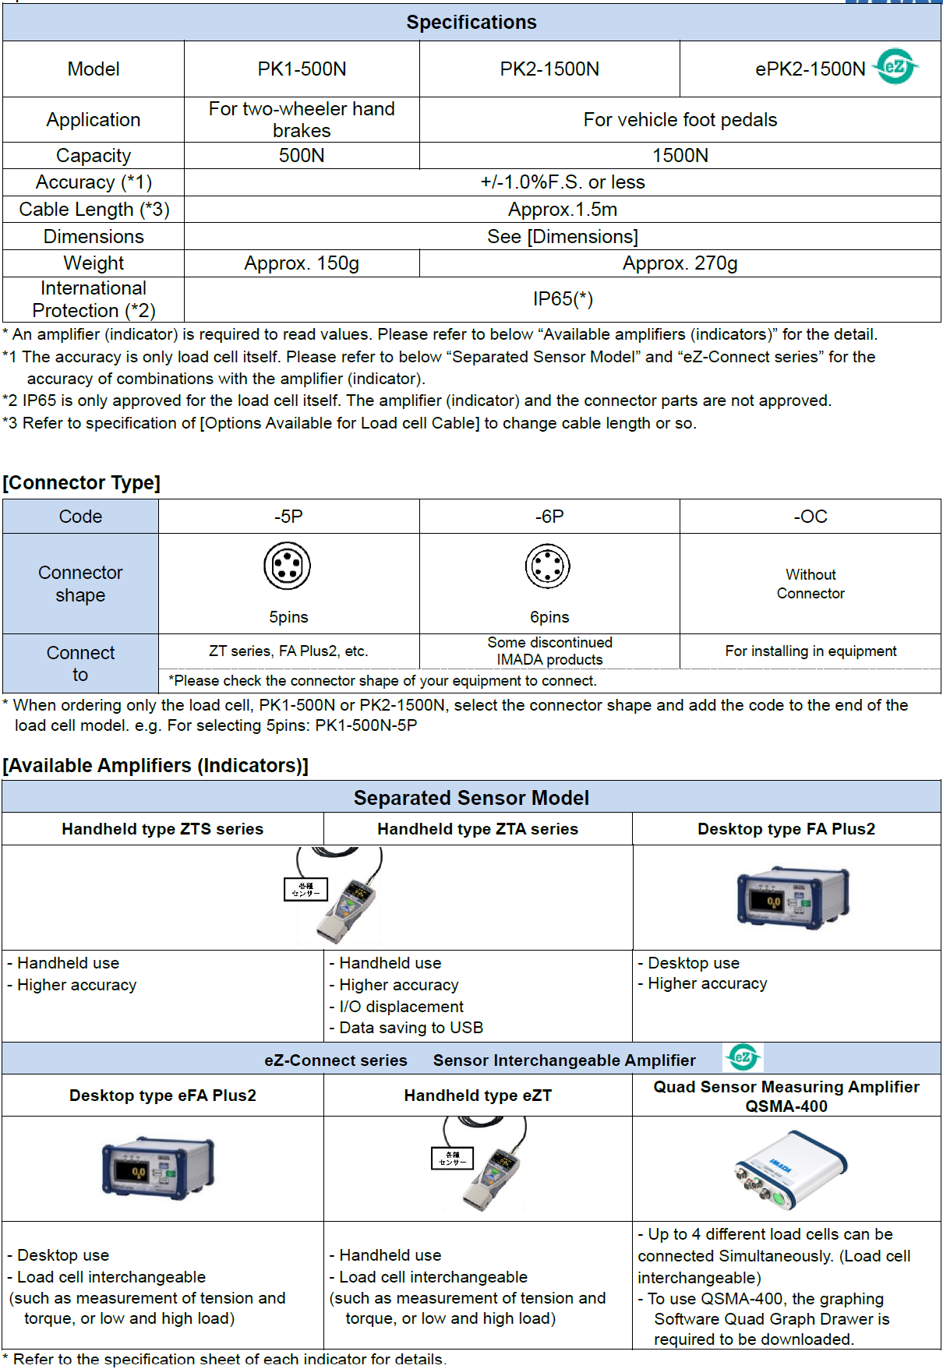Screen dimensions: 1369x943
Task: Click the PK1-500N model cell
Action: pos(302,69)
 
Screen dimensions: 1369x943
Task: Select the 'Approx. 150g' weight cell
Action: pos(302,263)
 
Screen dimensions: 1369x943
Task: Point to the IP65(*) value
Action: pos(563,299)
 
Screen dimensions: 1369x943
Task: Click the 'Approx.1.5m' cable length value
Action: pos(563,210)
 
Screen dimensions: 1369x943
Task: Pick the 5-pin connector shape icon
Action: pos(287,566)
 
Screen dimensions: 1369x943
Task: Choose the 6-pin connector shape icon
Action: pos(548,566)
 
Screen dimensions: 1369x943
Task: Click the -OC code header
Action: pos(811,517)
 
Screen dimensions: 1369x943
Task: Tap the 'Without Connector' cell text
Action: pos(811,584)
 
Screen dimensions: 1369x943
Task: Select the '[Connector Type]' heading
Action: pos(81,483)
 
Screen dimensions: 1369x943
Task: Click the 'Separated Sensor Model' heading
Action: pos(471,798)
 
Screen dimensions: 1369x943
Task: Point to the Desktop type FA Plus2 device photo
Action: pos(793,897)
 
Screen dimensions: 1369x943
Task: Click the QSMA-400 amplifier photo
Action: pos(790,1169)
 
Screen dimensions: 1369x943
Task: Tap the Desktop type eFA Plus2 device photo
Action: pos(158,1167)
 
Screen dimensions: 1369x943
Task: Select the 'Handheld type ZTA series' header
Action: pos(478,829)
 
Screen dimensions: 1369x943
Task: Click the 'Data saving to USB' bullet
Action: pos(411,1028)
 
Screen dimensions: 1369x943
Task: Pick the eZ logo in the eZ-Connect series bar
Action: pos(743,1057)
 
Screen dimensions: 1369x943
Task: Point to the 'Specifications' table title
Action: pos(471,23)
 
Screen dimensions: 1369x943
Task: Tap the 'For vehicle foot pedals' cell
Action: pos(680,120)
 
